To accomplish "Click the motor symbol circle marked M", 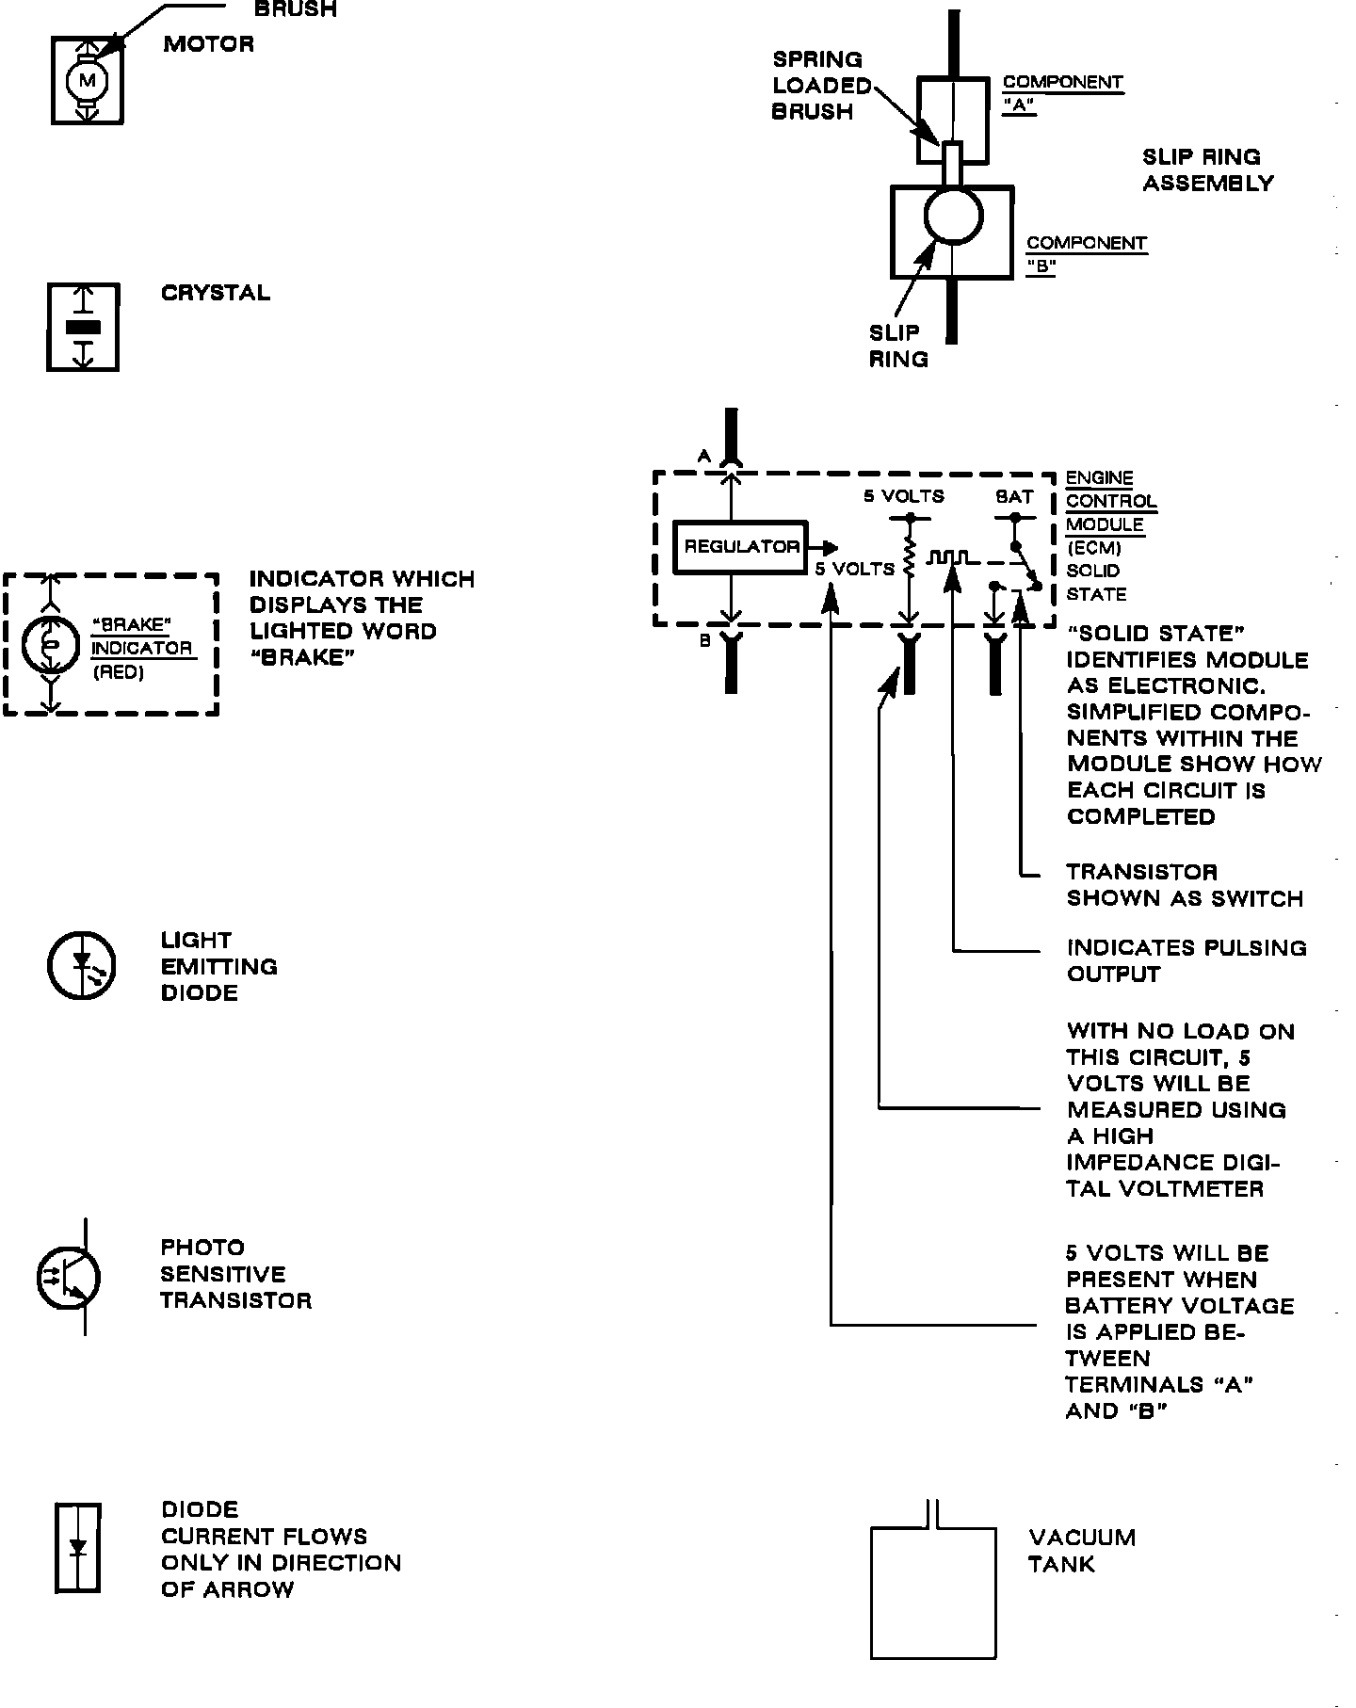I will click(x=88, y=81).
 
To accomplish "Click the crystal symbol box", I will click(x=84, y=327).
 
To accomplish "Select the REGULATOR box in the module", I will click(x=741, y=546).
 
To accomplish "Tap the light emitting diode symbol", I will click(x=82, y=965).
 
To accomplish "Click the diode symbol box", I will click(x=78, y=1548).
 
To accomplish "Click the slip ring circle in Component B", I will click(x=953, y=216).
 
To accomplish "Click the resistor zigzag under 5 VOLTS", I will click(x=909, y=557).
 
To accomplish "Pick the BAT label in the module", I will click(x=1014, y=496).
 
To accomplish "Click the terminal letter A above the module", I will click(x=703, y=457).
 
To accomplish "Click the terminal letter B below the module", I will click(x=704, y=641).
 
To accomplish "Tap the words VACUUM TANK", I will click(x=1081, y=1551).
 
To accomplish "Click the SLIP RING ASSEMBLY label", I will click(x=1207, y=170).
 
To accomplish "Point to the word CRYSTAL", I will click(x=216, y=293).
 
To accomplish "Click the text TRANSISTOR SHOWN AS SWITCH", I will click(x=1184, y=885).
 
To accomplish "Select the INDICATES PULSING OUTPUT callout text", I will click(x=1186, y=960).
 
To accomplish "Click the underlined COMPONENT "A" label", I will click(x=1062, y=94).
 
